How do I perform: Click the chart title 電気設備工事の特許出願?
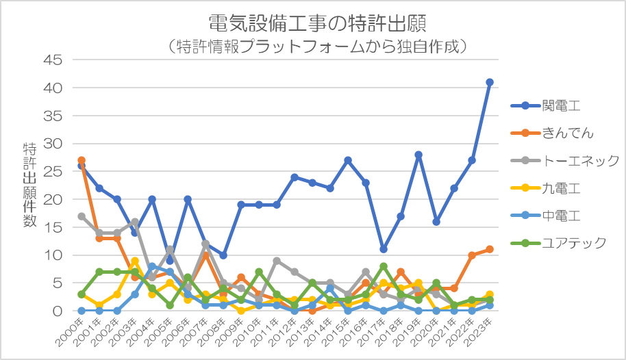[317, 23]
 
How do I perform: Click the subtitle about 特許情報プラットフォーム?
[317, 47]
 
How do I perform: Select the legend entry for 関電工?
[545, 106]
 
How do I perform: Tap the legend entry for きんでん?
[552, 133]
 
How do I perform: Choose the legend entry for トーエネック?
[565, 160]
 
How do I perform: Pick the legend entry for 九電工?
[545, 188]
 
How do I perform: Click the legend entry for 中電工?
[545, 216]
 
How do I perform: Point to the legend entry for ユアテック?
[558, 243]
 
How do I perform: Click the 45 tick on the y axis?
[53, 60]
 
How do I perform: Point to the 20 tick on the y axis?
[53, 199]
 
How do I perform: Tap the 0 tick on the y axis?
[58, 311]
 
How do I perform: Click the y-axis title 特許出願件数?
[29, 185]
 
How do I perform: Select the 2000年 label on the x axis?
[69, 332]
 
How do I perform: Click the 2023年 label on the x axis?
[477, 332]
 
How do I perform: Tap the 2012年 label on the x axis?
[282, 332]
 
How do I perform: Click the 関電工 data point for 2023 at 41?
[490, 82]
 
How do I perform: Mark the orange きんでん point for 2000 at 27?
[82, 160]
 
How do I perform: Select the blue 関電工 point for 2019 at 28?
[418, 155]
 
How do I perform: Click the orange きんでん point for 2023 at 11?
[490, 249]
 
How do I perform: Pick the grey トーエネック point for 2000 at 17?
[82, 216]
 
